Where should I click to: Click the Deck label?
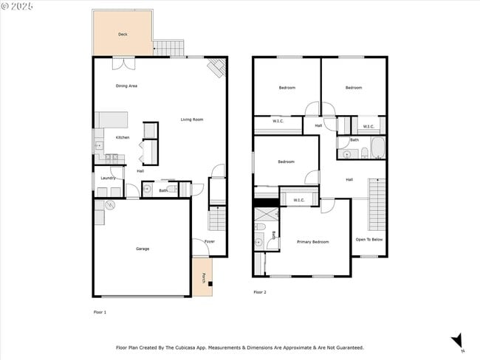coord(123,35)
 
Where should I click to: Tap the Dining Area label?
coord(126,86)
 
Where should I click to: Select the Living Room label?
coord(192,120)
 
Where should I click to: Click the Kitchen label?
coord(123,137)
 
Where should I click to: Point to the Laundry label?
coord(108,178)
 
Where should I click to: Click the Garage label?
coord(143,249)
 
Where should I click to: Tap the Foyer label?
coord(210,241)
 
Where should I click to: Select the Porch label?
coord(203,278)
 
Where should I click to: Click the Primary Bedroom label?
coord(313,242)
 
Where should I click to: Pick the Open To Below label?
coord(369,239)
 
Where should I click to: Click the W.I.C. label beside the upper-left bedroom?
coord(278,121)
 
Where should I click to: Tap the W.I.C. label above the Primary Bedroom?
coord(299,200)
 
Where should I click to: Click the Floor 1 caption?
coord(100,312)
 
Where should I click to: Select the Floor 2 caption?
coord(260,292)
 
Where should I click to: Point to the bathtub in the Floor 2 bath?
coord(378,149)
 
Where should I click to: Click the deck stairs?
coord(169,48)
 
